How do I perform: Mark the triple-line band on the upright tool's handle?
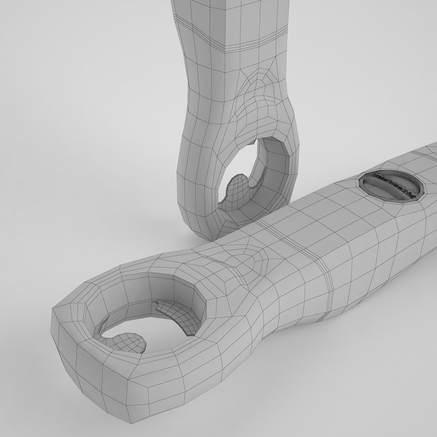point(243,47)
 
